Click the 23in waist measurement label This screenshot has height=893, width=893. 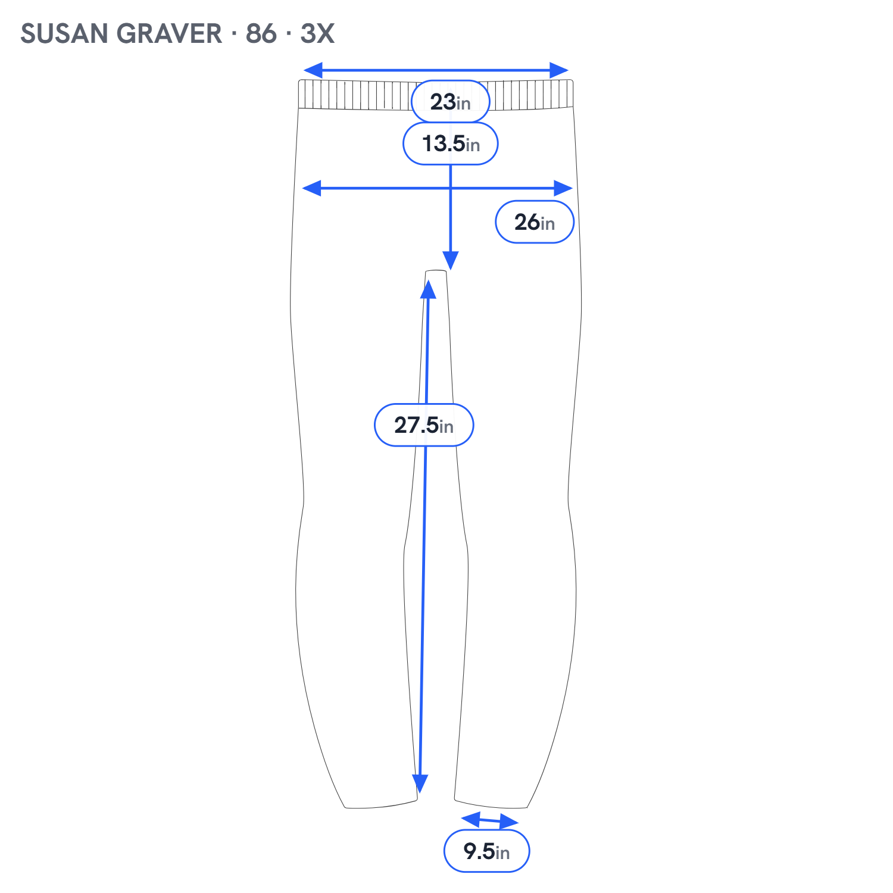click(x=450, y=102)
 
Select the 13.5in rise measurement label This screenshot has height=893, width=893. click(x=451, y=143)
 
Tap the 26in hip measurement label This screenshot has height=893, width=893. click(x=535, y=222)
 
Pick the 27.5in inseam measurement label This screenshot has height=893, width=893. click(x=424, y=425)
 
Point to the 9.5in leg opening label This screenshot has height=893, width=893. click(x=486, y=851)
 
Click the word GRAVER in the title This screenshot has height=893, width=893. click(x=169, y=34)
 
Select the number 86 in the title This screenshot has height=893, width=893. click(x=261, y=34)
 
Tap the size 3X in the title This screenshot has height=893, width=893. click(x=317, y=34)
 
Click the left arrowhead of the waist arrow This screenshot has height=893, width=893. click(x=313, y=70)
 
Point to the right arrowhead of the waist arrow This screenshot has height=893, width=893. click(x=560, y=70)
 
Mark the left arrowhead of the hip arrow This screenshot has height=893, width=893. click(x=312, y=188)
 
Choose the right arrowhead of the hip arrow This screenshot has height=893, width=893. click(x=563, y=188)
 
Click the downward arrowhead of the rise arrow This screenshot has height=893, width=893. click(x=451, y=261)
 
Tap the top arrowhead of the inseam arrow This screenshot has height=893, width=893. click(x=428, y=289)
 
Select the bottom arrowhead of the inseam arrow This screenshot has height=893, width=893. click(x=420, y=784)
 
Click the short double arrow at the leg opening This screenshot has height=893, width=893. click(x=489, y=821)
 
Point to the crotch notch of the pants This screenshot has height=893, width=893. click(x=436, y=272)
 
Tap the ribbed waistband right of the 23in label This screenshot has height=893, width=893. click(x=530, y=95)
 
